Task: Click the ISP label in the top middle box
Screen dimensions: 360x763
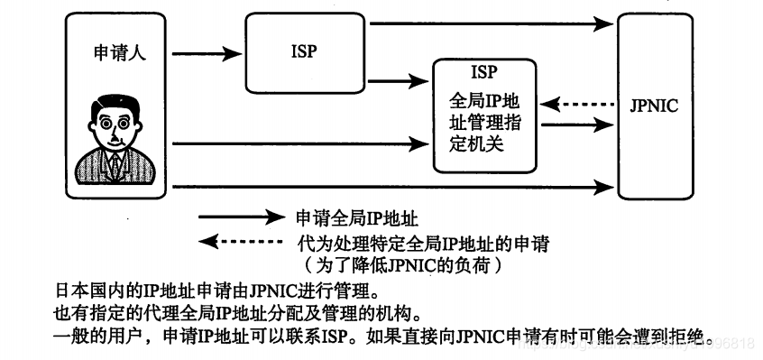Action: [304, 51]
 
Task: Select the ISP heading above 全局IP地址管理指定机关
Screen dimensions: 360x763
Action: [483, 72]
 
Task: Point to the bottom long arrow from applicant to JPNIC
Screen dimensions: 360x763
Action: [388, 188]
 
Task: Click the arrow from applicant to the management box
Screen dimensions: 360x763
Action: [298, 143]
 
